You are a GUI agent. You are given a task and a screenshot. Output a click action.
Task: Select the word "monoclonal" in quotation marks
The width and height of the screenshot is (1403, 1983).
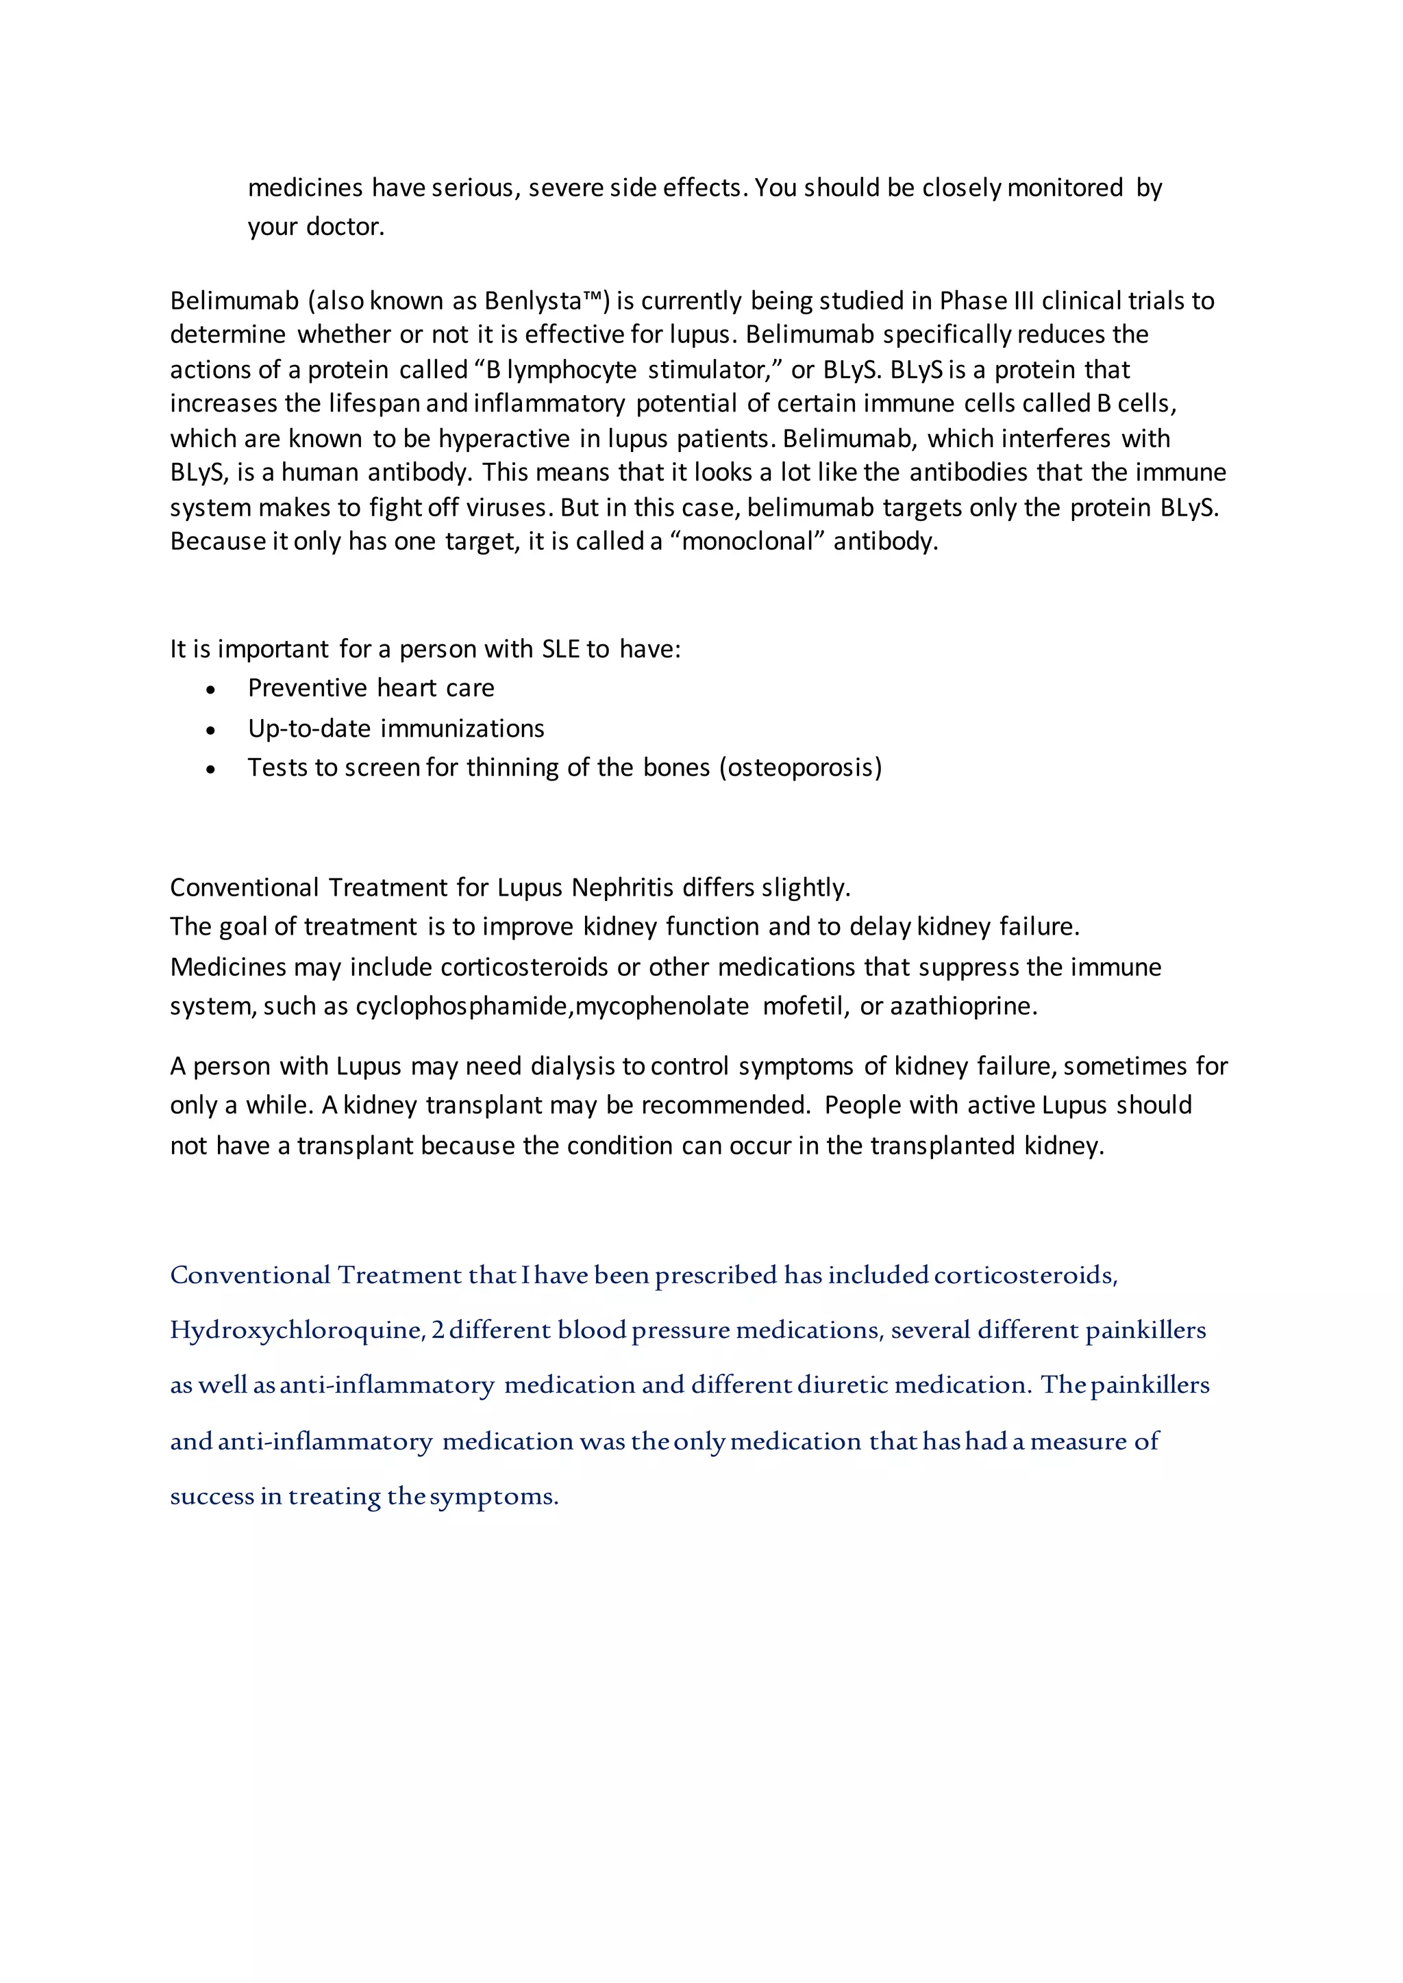click(748, 542)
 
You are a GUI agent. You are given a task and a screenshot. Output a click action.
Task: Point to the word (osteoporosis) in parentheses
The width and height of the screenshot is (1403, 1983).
click(800, 767)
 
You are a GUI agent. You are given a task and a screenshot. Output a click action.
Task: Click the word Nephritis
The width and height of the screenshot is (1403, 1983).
click(622, 888)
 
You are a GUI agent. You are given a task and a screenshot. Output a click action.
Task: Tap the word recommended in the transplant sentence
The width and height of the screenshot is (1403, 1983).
click(725, 1105)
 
